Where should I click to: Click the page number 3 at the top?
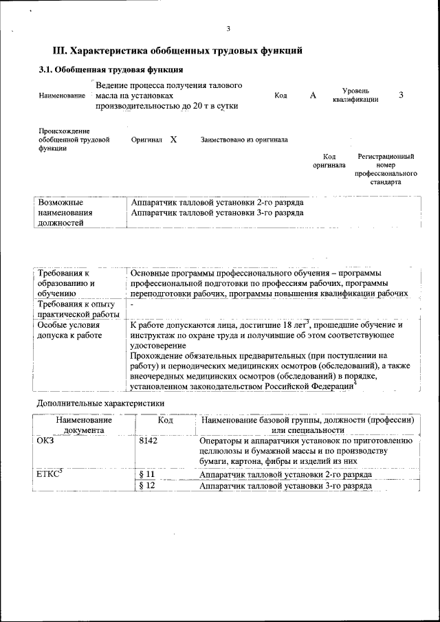pos(228,28)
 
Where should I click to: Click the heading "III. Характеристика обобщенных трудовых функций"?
pos(177,51)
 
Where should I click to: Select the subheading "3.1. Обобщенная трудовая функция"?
pos(110,70)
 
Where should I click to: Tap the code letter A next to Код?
pos(313,96)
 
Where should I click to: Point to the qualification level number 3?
pos(401,95)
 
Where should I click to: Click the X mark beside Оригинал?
pos(173,139)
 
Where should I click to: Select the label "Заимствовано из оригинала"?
pos(244,140)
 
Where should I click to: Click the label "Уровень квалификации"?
pos(355,95)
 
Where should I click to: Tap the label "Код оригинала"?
pos(329,161)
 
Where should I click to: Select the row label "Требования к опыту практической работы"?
pos(78,309)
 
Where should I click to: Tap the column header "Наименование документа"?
pos(84,425)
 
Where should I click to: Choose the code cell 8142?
pos(148,441)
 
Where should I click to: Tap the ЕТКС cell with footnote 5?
pos(50,474)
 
